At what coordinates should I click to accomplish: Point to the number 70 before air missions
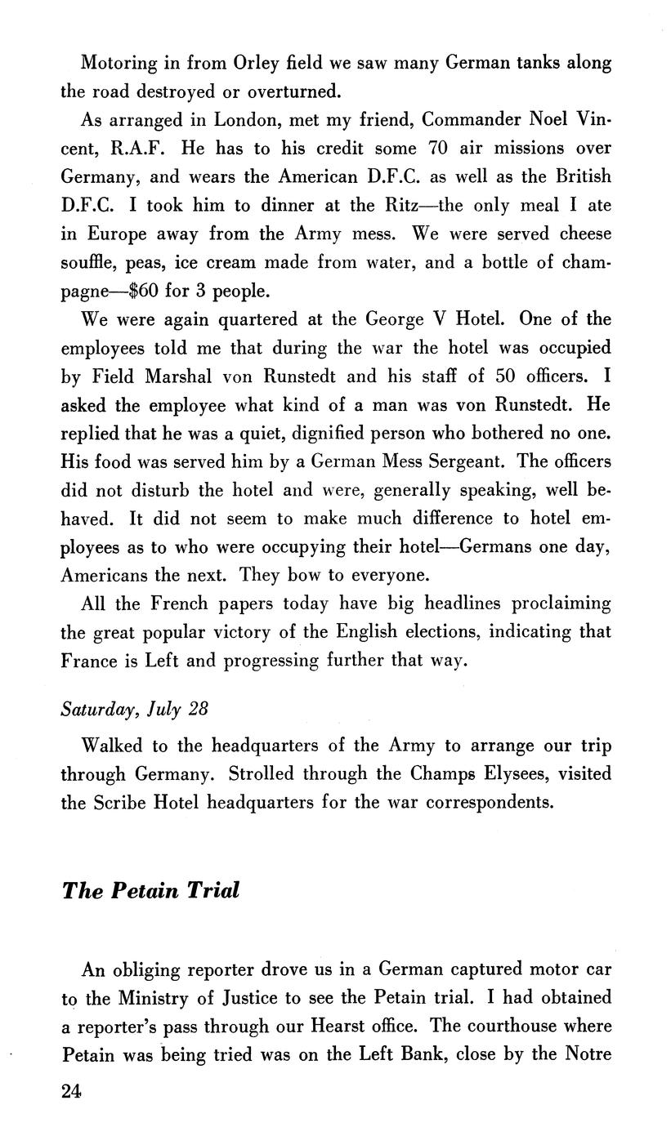pyautogui.click(x=441, y=148)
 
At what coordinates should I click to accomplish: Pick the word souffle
pyautogui.click(x=88, y=262)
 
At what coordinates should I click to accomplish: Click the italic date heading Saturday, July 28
pyautogui.click(x=135, y=708)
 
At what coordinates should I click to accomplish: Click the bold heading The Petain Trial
pyautogui.click(x=150, y=889)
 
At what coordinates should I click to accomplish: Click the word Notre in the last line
pyautogui.click(x=587, y=1053)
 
